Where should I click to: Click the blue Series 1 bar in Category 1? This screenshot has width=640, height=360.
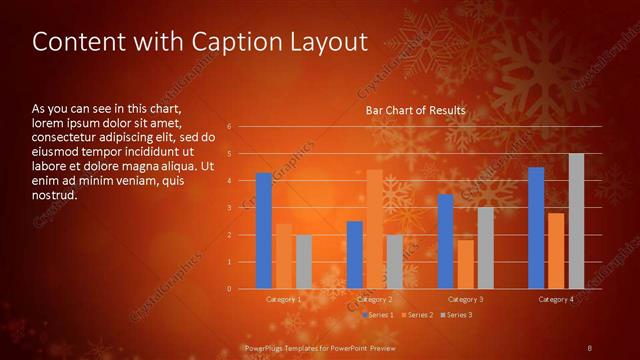click(263, 231)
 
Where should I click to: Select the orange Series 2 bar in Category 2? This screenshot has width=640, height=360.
click(374, 229)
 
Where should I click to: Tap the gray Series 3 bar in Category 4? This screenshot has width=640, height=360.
click(576, 221)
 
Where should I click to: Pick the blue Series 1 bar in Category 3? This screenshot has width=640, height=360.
click(445, 241)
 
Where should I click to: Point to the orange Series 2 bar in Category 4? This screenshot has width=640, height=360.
click(556, 251)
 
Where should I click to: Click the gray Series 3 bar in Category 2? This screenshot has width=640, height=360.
click(394, 262)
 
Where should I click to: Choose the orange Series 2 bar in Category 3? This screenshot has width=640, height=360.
click(465, 264)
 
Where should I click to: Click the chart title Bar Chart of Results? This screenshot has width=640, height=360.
click(415, 110)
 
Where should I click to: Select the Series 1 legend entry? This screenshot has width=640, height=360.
click(377, 315)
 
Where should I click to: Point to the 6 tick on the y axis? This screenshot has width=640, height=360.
click(229, 127)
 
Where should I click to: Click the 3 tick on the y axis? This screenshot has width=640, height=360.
click(229, 208)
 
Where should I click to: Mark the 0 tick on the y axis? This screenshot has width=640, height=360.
click(229, 289)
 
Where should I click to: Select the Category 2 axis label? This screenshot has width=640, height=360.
click(374, 300)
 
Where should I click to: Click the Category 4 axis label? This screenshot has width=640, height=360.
click(556, 300)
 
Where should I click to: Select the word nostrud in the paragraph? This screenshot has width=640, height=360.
click(55, 195)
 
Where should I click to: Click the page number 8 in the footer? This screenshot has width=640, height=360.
click(589, 347)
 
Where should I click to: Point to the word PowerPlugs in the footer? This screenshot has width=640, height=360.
click(264, 347)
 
